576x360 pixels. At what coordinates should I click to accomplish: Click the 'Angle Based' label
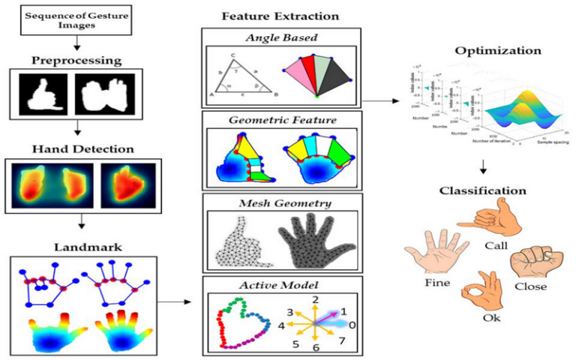[280, 37]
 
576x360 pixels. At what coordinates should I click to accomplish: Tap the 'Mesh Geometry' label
[281, 202]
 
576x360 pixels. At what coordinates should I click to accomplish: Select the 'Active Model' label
[281, 285]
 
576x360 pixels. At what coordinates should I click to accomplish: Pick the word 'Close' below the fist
[532, 286]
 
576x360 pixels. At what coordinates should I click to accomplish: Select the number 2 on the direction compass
[316, 300]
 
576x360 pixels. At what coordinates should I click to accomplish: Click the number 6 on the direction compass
[316, 348]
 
